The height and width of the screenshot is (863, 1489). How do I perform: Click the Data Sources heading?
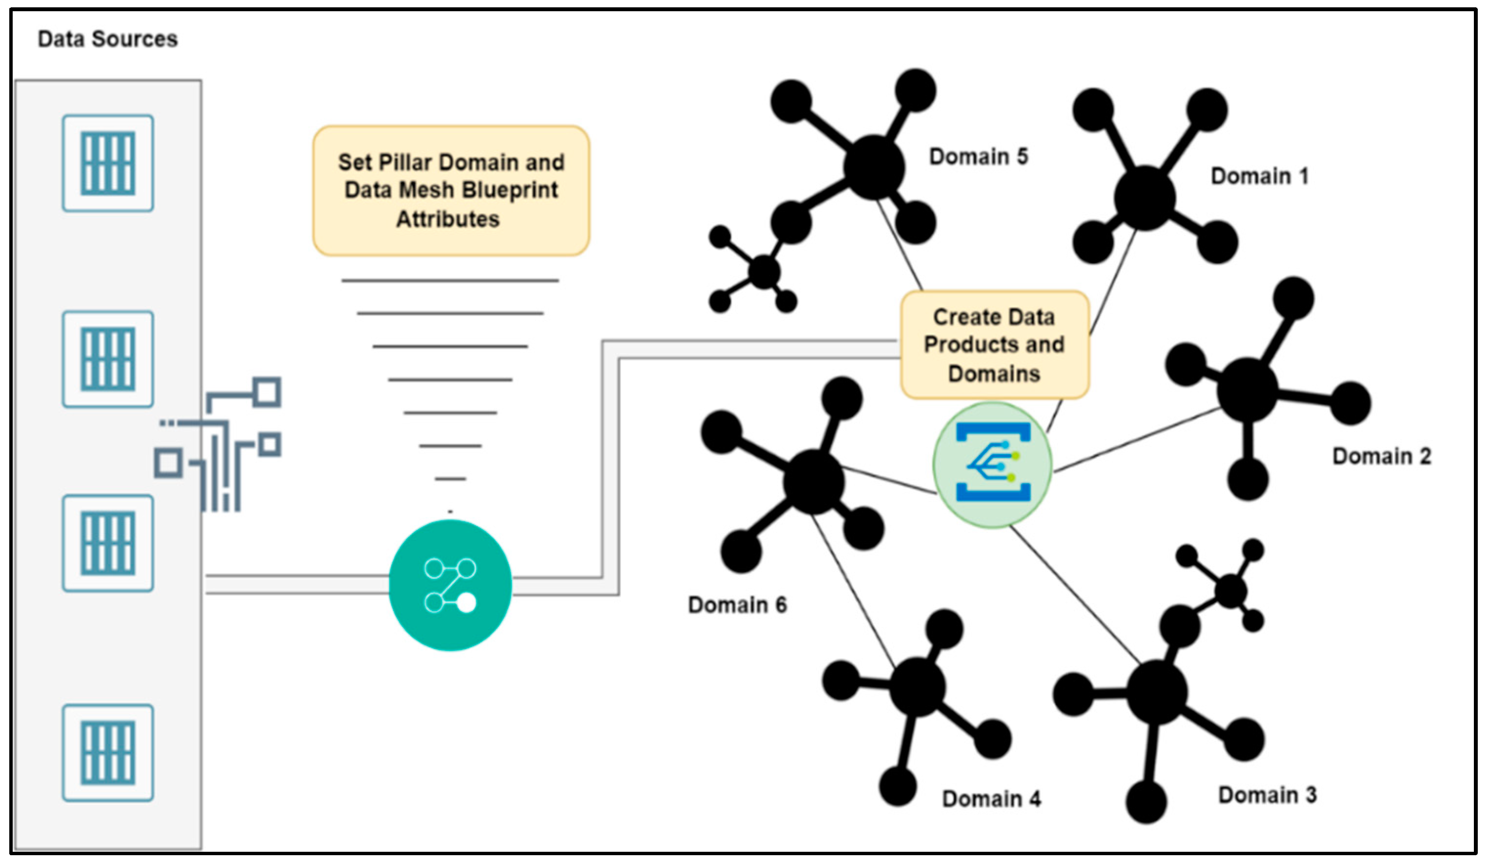click(x=107, y=39)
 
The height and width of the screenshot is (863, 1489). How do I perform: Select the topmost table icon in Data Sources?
click(x=108, y=163)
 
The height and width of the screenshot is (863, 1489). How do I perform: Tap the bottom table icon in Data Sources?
click(x=108, y=753)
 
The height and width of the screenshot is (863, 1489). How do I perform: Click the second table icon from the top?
click(x=108, y=359)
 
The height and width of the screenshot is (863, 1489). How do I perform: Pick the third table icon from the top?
click(x=108, y=543)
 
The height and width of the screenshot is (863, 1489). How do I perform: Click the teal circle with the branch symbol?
click(x=450, y=585)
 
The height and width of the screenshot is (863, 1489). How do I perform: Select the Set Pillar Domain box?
click(x=451, y=190)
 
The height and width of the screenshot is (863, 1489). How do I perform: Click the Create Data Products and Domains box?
click(x=994, y=345)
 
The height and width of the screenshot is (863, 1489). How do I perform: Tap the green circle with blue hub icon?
click(x=993, y=464)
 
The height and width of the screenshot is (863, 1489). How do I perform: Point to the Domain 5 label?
click(x=979, y=157)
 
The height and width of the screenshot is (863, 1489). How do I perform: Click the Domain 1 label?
click(x=1259, y=176)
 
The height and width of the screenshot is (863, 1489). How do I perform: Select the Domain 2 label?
click(x=1382, y=456)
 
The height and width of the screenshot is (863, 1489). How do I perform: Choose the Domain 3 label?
click(x=1268, y=795)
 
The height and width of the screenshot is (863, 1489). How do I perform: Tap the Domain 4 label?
click(x=991, y=799)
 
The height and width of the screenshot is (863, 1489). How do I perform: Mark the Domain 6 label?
click(x=737, y=605)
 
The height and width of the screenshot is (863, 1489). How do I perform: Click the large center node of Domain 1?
click(x=1145, y=198)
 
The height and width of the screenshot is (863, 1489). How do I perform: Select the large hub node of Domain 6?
click(x=814, y=482)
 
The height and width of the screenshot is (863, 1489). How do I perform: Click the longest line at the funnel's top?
click(x=450, y=280)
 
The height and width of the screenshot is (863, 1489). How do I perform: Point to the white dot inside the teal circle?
click(x=467, y=603)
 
